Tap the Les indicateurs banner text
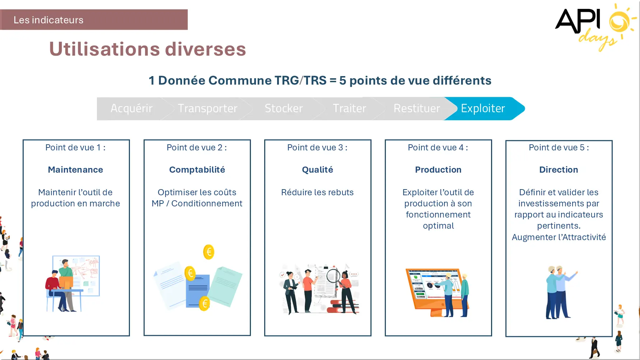coord(48,20)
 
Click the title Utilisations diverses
coord(148,49)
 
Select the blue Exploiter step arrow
coord(485,108)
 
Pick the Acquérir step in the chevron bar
coord(131,108)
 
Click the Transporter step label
coord(207,108)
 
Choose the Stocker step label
coord(284,108)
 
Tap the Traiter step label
coord(349,108)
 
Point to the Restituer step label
coord(417,108)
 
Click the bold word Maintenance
coord(75,170)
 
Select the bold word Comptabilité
coord(197,170)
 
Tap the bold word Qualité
coord(318,170)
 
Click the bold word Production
coord(438,170)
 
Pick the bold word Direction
coord(559,170)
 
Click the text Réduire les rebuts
coord(318,192)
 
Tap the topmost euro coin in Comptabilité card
coord(209,252)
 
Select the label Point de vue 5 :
coord(559,148)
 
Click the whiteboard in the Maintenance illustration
coord(81,275)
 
